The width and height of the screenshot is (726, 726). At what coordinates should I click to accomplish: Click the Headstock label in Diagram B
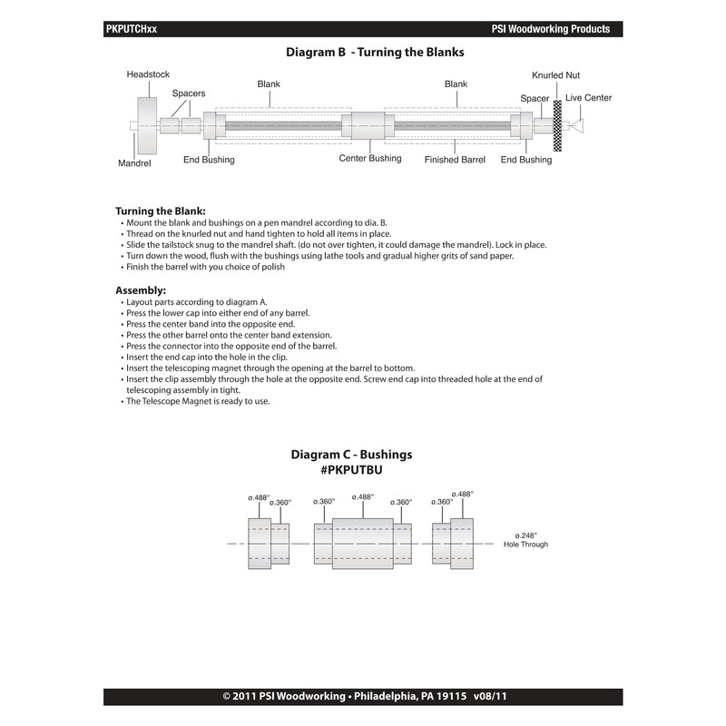click(148, 74)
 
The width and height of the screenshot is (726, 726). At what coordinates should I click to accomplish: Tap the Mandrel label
click(134, 164)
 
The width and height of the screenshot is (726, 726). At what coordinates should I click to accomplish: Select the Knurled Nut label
click(555, 75)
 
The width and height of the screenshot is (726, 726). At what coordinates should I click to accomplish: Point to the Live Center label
click(588, 98)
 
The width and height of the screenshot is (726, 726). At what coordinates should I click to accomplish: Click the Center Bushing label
click(370, 159)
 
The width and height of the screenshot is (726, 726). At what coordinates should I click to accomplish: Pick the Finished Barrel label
click(455, 160)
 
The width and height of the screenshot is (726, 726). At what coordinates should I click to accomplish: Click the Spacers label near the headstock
click(189, 93)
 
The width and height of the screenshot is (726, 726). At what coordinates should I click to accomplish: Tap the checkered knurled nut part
click(558, 126)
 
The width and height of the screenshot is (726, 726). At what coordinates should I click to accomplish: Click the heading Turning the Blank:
click(161, 211)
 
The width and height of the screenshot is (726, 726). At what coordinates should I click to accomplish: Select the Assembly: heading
click(141, 289)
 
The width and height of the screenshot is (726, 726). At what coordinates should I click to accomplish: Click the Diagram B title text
click(375, 53)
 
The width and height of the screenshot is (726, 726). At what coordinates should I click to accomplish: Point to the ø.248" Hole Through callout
click(531, 540)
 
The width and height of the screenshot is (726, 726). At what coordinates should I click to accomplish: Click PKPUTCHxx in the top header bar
click(132, 29)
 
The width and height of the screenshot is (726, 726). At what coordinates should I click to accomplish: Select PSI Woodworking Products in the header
click(550, 29)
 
